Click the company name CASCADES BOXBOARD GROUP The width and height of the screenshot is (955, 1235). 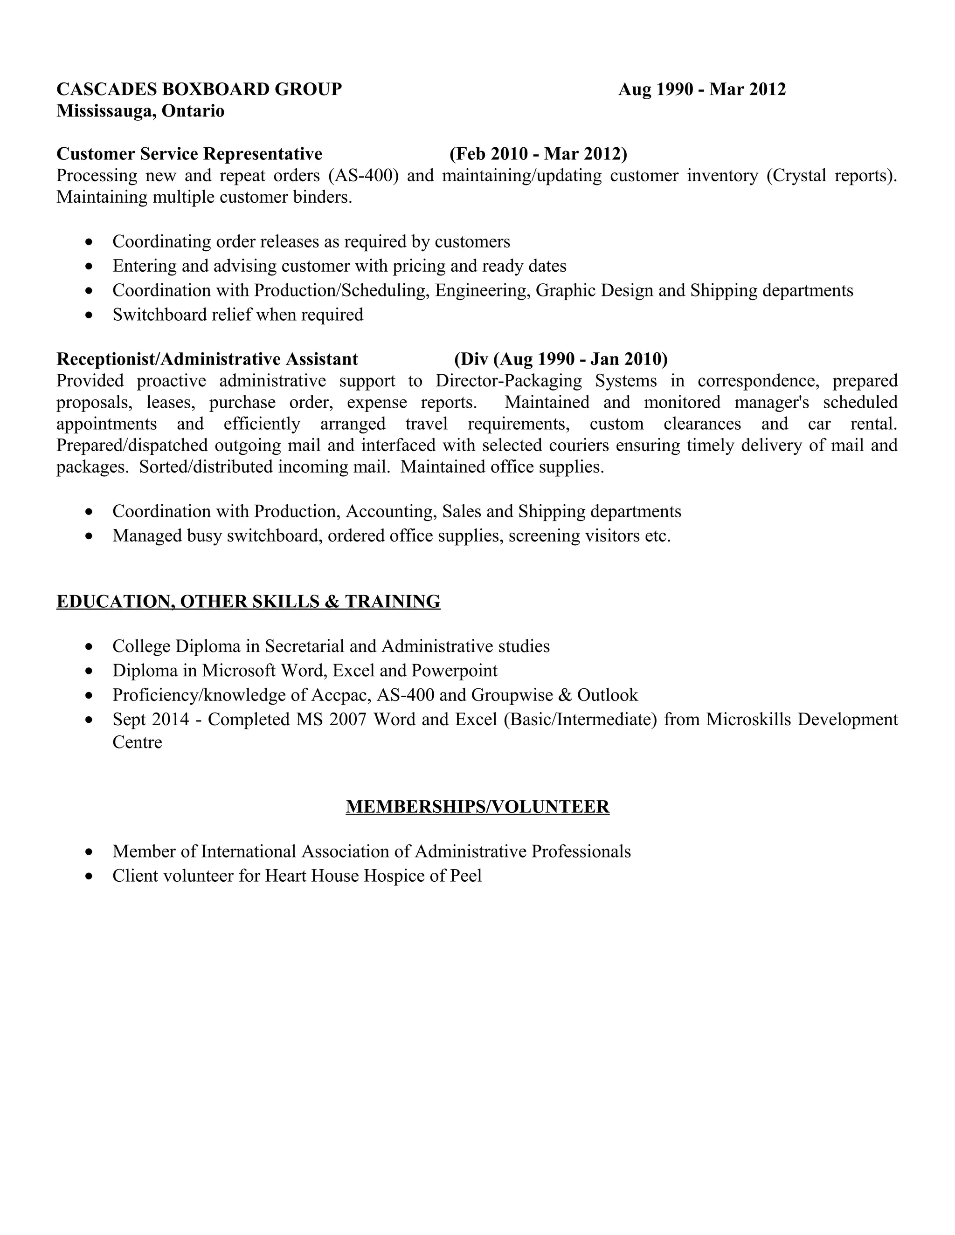199,89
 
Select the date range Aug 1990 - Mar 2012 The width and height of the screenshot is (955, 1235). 701,89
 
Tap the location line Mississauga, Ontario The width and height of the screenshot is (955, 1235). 140,111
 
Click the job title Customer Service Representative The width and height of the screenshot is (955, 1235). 189,154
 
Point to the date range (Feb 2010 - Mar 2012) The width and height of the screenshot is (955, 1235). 538,154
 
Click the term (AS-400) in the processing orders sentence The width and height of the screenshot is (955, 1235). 363,176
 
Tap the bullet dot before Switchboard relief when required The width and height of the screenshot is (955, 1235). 88,315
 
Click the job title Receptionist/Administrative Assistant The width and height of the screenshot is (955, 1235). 207,359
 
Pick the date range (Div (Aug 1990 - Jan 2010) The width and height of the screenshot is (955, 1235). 561,359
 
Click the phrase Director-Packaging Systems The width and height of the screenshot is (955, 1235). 546,381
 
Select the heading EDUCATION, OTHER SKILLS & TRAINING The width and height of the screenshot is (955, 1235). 249,602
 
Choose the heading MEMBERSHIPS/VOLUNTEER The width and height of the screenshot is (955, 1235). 477,807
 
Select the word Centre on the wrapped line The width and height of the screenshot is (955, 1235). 137,742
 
